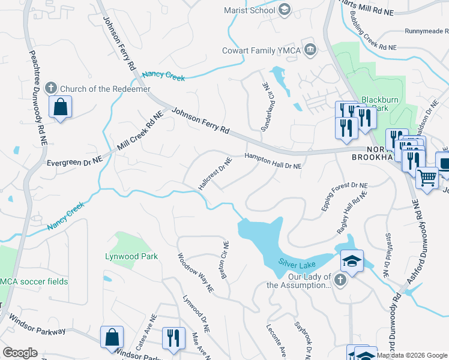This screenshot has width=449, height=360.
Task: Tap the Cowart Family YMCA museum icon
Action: [x=310, y=49]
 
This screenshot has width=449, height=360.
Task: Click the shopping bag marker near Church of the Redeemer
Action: [x=61, y=107]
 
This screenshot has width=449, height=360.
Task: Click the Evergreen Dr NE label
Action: [x=75, y=162]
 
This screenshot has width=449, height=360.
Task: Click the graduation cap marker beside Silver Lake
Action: [x=352, y=260]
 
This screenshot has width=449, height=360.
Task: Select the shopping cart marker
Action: [x=427, y=177]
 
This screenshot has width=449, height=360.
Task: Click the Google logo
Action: [x=20, y=353]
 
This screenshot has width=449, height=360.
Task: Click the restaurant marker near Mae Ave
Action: [x=173, y=337]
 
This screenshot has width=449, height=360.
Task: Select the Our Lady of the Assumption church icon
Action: [x=340, y=280]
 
